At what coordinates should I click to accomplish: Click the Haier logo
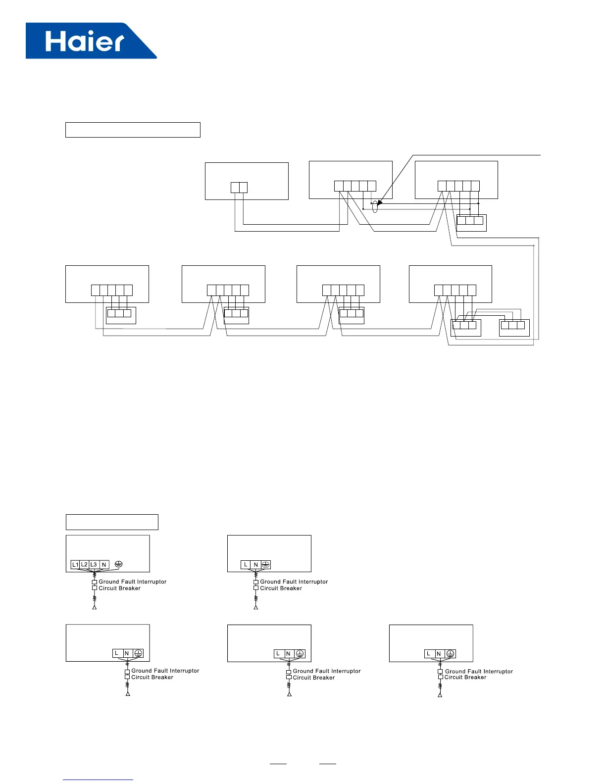coord(91,41)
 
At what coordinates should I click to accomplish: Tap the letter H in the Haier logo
coord(55,42)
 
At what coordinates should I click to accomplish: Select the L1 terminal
coord(75,564)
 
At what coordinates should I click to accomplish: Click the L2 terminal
coord(84,564)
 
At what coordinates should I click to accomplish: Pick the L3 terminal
coord(94,564)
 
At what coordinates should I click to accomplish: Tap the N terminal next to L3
coord(104,564)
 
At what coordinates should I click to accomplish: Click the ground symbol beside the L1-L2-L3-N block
coord(118,564)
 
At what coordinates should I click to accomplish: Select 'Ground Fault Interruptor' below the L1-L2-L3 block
coord(132,582)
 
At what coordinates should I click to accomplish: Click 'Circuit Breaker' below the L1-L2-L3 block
coord(119,588)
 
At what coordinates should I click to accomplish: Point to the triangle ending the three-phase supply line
coord(94,607)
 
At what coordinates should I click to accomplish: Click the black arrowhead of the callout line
coord(380,201)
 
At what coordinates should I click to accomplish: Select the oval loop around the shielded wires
coord(375,206)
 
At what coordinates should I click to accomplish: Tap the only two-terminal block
coord(239,188)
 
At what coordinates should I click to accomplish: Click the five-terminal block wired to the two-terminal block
coord(355,186)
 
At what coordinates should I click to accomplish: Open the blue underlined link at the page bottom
coord(98,780)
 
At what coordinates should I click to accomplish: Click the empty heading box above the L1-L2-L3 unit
coord(112,522)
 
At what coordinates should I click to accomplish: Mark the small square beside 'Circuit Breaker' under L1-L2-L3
coord(95,588)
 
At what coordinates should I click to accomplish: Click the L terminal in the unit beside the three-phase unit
coord(246,564)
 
